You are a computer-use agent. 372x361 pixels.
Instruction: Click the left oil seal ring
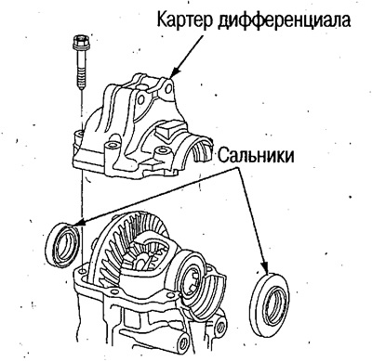(x=62, y=243)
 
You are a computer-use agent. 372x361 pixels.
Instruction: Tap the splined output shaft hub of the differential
(x=198, y=278)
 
